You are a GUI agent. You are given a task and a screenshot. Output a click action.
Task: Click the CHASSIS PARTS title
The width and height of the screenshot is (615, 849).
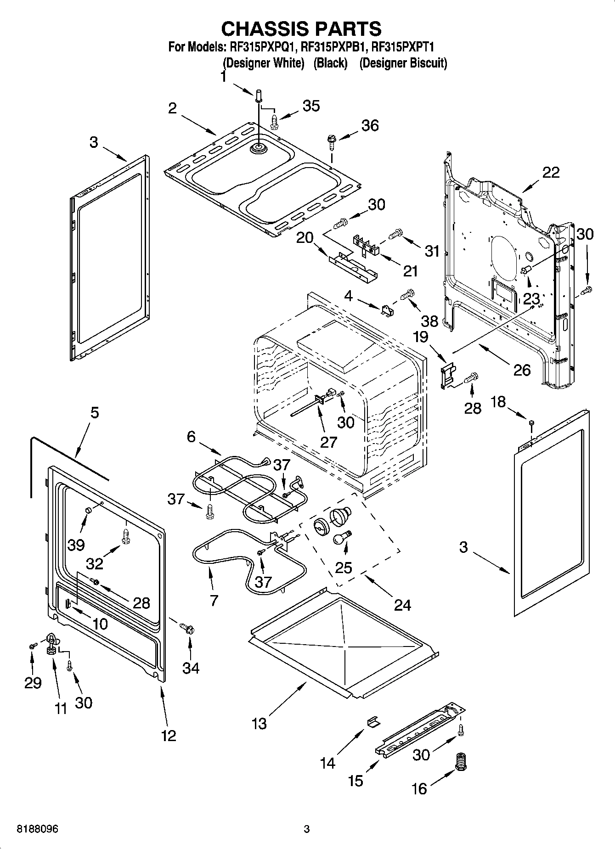(x=301, y=28)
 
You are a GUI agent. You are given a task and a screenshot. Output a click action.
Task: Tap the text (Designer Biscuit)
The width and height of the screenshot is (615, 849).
(x=403, y=63)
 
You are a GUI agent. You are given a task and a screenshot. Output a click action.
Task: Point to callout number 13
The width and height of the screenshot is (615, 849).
(x=259, y=724)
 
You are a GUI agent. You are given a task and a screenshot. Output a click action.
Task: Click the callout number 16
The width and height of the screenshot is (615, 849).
(x=419, y=789)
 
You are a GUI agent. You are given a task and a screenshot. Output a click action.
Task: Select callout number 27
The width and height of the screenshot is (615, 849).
(x=329, y=442)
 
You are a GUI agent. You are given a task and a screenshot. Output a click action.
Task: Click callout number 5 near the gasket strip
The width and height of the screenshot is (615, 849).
(x=94, y=412)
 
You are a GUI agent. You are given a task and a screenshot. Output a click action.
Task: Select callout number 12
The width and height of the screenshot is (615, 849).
(x=169, y=736)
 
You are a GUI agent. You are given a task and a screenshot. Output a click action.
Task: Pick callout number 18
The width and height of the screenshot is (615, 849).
(x=498, y=402)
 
